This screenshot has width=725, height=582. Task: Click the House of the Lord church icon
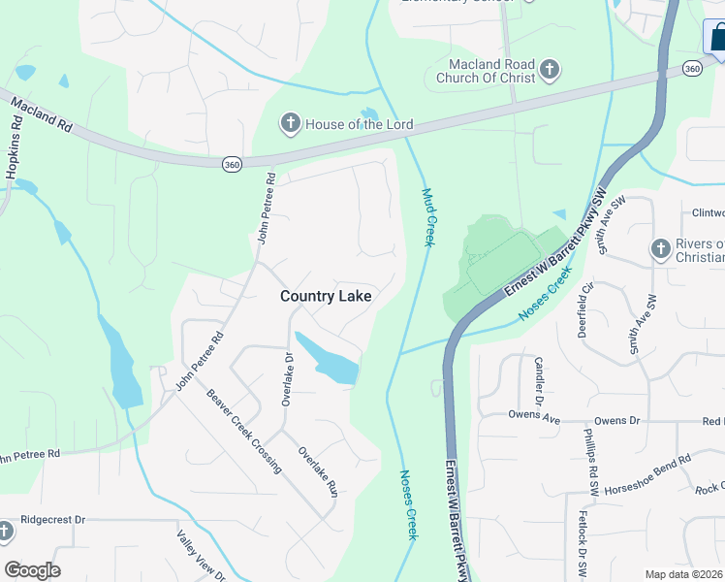[290, 123]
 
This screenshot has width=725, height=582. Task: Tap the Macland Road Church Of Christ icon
[550, 69]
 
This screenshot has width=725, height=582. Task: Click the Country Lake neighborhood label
[326, 296]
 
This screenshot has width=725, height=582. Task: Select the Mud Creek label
[426, 215]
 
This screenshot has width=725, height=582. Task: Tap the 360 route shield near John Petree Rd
[232, 165]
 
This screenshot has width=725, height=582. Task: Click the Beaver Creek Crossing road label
[244, 431]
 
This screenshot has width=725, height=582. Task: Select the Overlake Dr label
[287, 379]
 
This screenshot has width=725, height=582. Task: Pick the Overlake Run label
[317, 471]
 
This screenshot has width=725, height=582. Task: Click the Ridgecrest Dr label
[53, 520]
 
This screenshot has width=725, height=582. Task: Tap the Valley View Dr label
[201, 555]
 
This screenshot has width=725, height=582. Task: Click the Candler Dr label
[539, 380]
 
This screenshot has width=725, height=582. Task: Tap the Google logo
[32, 570]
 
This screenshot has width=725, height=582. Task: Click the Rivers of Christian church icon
[661, 249]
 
